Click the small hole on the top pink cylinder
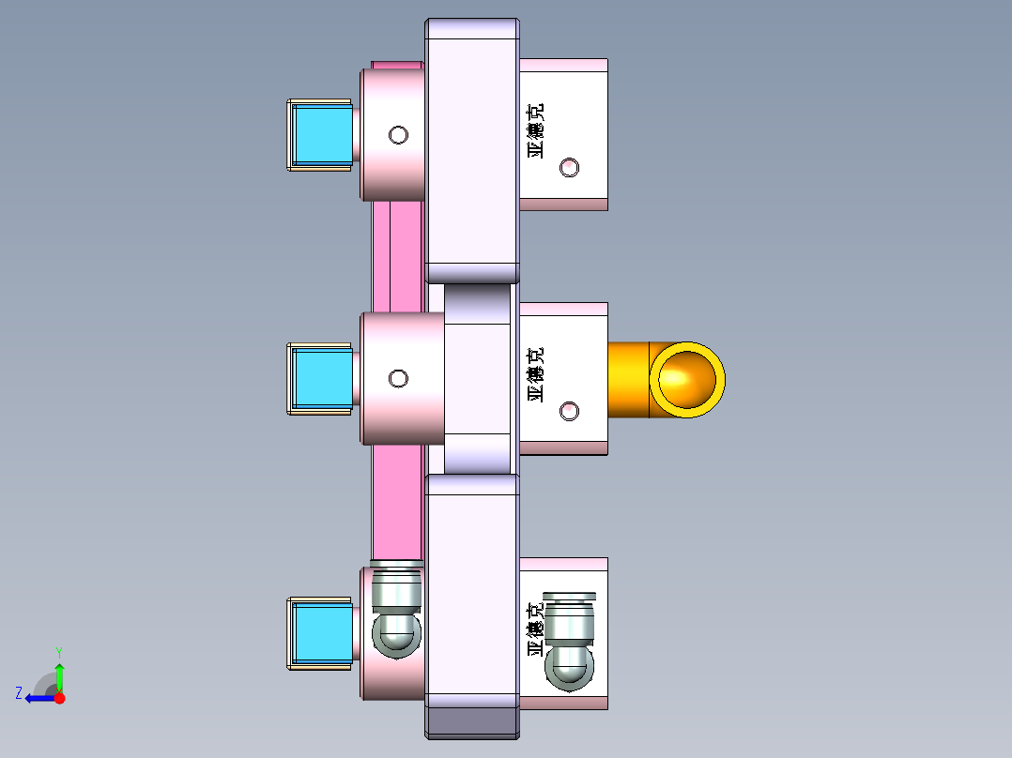(399, 135)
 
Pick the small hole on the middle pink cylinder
(399, 378)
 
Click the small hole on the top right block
(569, 168)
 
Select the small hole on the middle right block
(569, 411)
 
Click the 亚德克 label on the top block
(536, 130)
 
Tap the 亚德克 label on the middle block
(536, 374)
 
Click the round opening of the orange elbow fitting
(688, 379)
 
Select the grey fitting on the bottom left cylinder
(396, 619)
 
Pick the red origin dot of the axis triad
(60, 698)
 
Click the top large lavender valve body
(472, 150)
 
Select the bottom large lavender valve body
(472, 586)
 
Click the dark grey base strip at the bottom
(472, 721)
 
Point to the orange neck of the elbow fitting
(628, 379)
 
